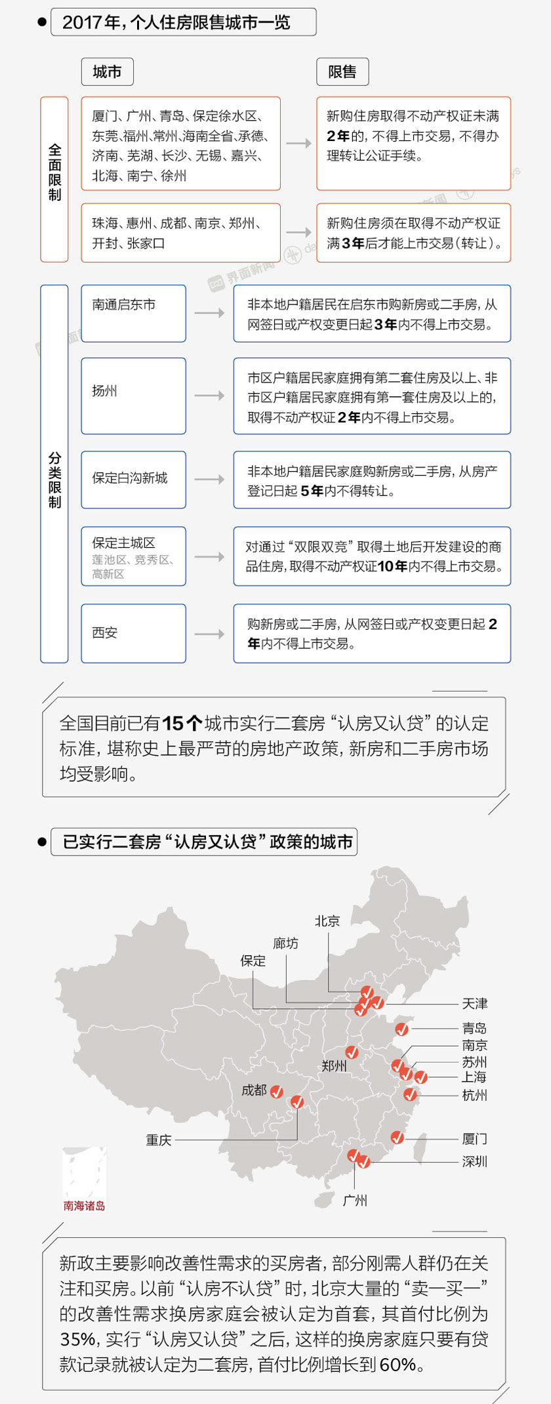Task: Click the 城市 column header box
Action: click(x=107, y=72)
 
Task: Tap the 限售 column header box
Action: click(x=342, y=72)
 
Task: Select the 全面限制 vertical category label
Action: click(x=54, y=179)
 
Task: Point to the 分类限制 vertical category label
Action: click(x=54, y=474)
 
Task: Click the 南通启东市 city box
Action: click(x=133, y=313)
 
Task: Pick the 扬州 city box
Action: click(x=133, y=396)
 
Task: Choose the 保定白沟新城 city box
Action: click(x=133, y=480)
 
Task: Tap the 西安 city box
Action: click(x=133, y=633)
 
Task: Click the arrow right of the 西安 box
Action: click(x=209, y=634)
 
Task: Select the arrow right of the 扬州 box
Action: click(x=209, y=396)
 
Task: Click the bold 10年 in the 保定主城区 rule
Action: click(x=392, y=566)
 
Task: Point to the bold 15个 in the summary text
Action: click(x=182, y=724)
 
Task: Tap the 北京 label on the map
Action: click(x=327, y=921)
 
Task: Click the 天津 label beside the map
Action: click(x=474, y=1004)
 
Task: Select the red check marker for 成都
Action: click(x=277, y=1092)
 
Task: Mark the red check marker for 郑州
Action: click(x=352, y=1052)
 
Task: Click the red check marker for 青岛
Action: click(x=402, y=1029)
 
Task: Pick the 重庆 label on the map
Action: click(x=159, y=1140)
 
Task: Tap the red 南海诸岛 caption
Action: click(x=84, y=1206)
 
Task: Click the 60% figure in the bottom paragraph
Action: click(x=398, y=1365)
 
